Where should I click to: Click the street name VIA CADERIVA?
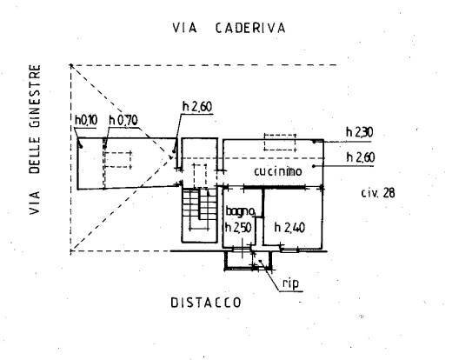point(229,28)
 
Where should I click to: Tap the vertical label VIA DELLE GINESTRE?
point(35,139)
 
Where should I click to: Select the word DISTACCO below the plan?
point(206,303)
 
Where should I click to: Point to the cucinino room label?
point(278,171)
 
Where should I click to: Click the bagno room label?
point(240,211)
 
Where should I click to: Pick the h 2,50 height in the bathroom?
point(238,228)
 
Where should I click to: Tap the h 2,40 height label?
point(289,228)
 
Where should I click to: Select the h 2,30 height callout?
point(360,132)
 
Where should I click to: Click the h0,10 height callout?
point(86,120)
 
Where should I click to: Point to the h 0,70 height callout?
point(123,120)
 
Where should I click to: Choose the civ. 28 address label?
point(378,193)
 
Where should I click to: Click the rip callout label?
point(290,284)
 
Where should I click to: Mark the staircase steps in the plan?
point(199,208)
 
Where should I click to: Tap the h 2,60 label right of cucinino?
point(361,157)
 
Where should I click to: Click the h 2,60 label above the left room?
point(197,107)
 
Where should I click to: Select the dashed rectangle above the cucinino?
point(280,142)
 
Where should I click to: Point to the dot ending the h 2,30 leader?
point(314,142)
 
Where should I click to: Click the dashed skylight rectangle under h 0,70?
point(117,159)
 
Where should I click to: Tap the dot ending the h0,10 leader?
point(81,147)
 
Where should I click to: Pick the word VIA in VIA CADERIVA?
point(184,28)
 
